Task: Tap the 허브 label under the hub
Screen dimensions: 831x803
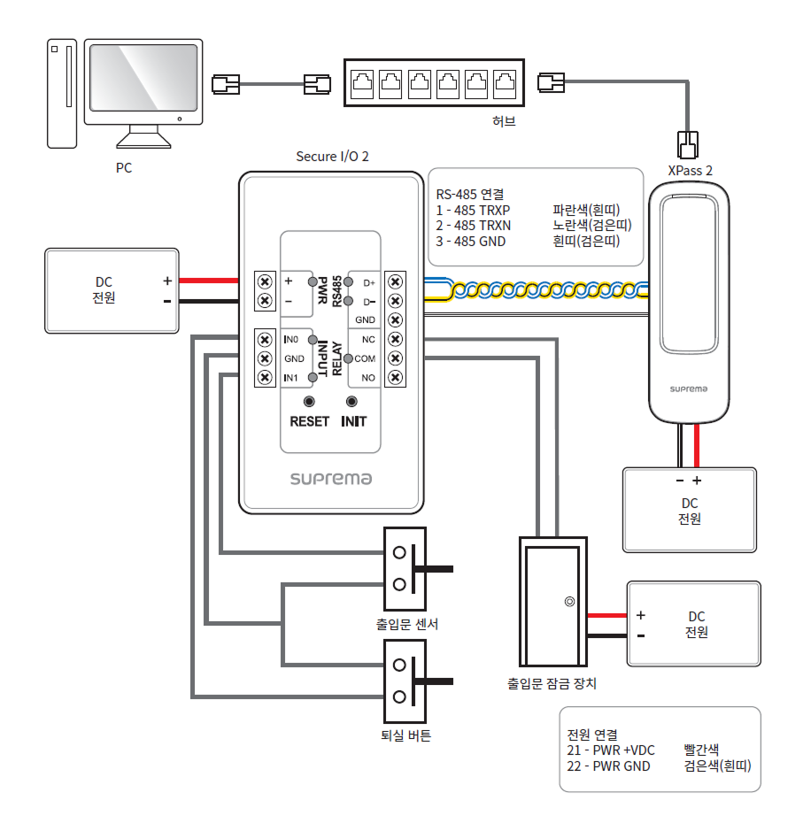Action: pos(504,121)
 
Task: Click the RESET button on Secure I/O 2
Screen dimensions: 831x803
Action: pos(309,403)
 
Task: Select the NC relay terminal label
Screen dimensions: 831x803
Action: pos(369,339)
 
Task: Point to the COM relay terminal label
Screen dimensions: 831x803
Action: pos(366,358)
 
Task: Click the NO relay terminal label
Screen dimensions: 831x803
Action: pos(368,378)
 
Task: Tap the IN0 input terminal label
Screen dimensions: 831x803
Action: pos(291,340)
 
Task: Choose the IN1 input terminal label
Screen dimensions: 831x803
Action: pos(291,378)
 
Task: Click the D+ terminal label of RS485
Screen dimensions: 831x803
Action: pos(369,283)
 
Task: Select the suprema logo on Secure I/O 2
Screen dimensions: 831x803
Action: pos(331,479)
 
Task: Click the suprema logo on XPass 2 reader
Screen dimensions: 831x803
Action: pos(689,389)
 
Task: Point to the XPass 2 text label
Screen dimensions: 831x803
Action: pos(690,170)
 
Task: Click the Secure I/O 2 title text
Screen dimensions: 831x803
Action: pos(332,157)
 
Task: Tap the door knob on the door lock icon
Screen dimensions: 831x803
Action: pos(568,602)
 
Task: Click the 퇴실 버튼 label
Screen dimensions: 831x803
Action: pos(405,735)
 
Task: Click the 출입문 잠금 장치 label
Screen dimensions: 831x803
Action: pos(552,684)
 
